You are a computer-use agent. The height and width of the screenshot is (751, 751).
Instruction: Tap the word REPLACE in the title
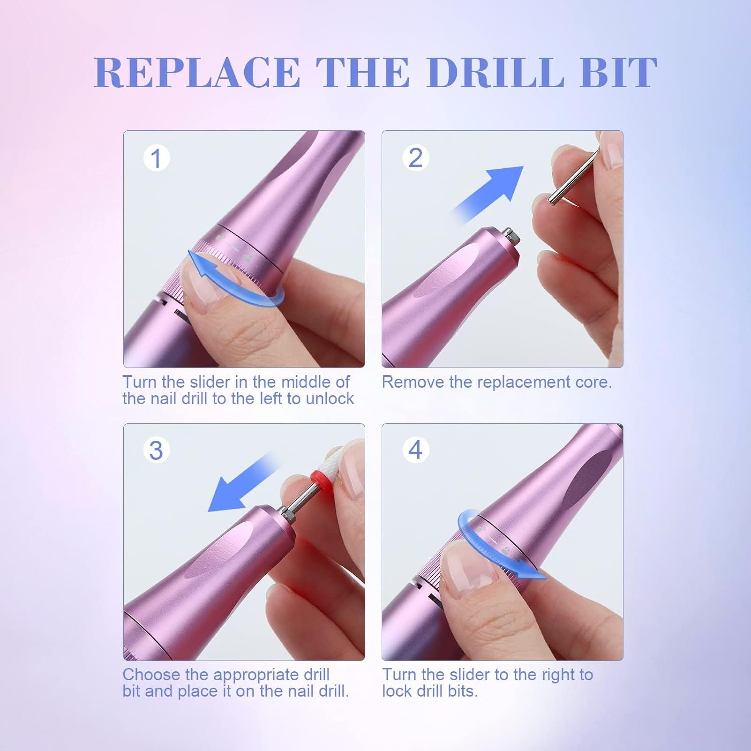197,73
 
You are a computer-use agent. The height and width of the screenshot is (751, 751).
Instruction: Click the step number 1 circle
156,158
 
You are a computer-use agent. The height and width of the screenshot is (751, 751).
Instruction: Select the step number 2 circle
415,158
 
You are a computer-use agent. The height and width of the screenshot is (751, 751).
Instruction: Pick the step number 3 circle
156,450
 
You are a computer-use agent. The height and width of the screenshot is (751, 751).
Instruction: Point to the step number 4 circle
415,450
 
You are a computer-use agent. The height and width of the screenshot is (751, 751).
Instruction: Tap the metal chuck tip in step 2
509,234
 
